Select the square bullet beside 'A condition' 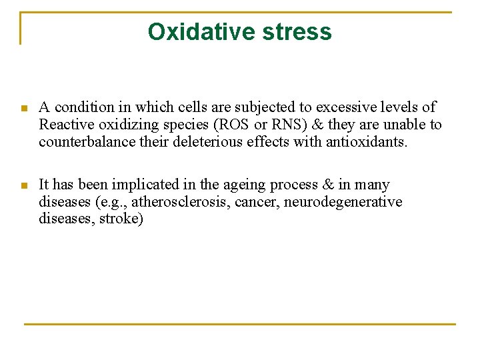pyautogui.click(x=23, y=108)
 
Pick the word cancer pyautogui.click(x=257, y=202)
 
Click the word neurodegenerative pyautogui.click(x=343, y=202)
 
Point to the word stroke pyautogui.click(x=121, y=219)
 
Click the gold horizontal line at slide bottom pyautogui.click(x=240, y=324)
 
